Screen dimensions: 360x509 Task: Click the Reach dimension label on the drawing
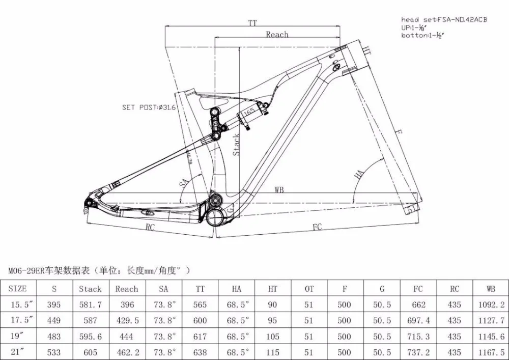tap(277, 34)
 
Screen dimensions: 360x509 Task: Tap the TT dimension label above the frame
tap(252, 23)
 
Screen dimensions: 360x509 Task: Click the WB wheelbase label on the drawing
tap(279, 190)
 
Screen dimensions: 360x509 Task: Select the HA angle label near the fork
tap(359, 175)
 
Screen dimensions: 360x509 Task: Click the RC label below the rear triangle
tap(150, 227)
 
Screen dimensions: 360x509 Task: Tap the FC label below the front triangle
tap(317, 227)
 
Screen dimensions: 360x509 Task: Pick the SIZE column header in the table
tap(18, 289)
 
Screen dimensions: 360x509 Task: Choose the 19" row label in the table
tap(18, 337)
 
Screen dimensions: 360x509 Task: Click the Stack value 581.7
tap(90, 304)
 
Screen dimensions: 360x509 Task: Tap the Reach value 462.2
tap(126, 352)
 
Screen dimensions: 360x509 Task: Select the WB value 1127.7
tap(491, 321)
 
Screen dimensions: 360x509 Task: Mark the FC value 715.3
tap(418, 337)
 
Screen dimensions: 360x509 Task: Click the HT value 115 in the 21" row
tap(273, 352)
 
